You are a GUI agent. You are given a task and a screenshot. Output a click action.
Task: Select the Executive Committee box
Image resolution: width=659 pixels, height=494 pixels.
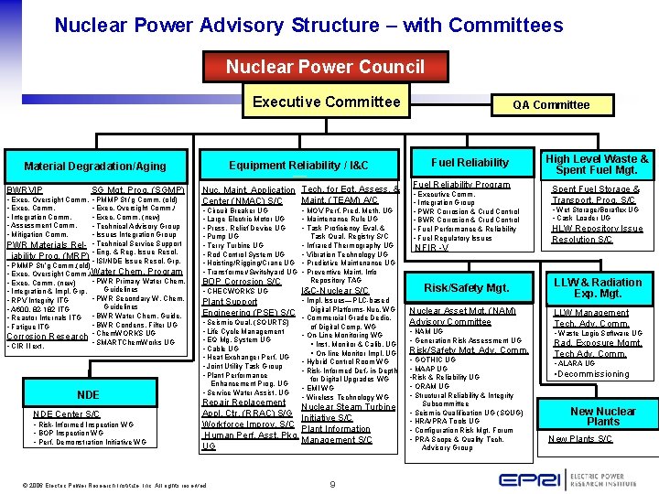(x=326, y=102)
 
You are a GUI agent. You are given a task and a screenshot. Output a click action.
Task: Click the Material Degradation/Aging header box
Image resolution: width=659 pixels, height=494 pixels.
(x=95, y=166)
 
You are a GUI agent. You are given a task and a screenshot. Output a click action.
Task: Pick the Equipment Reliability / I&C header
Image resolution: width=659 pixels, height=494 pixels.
(x=298, y=165)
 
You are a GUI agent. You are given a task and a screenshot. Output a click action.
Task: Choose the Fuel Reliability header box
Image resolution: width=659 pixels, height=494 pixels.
(x=470, y=163)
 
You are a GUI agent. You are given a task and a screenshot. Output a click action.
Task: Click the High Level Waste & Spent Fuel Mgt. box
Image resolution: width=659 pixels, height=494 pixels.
(x=597, y=164)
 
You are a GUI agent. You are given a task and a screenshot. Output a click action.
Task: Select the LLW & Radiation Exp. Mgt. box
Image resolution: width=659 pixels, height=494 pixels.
(x=597, y=288)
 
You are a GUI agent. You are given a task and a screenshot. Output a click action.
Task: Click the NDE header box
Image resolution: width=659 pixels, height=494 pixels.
(x=88, y=394)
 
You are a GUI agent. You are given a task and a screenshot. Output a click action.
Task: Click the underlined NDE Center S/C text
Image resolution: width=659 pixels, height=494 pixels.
(x=66, y=414)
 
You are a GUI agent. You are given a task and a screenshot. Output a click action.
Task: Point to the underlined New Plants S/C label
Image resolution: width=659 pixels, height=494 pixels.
(x=580, y=439)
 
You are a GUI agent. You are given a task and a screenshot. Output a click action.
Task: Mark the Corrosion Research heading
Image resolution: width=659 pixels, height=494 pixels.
(x=47, y=336)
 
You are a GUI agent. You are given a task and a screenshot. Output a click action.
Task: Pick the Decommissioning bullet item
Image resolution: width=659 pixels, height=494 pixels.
(x=595, y=374)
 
